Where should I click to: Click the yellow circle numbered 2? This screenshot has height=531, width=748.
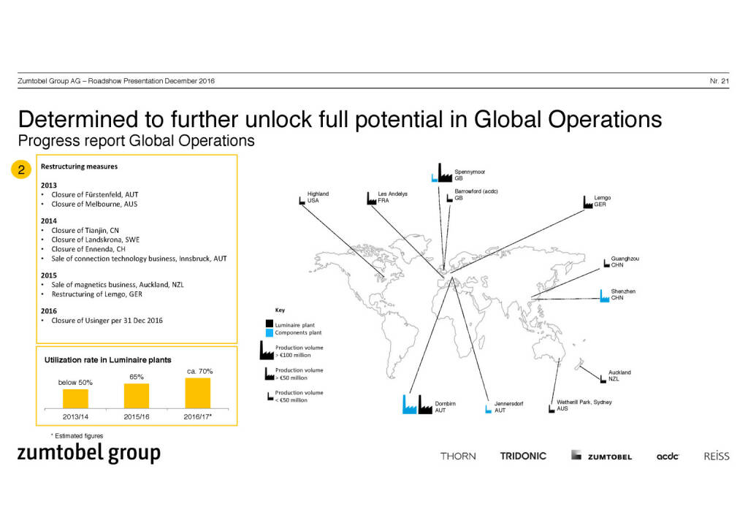pyautogui.click(x=21, y=169)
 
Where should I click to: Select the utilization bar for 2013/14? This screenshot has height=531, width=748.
pyautogui.click(x=75, y=399)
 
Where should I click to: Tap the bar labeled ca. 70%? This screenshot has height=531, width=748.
pyautogui.click(x=197, y=393)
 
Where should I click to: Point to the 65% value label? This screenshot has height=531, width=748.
pyautogui.click(x=137, y=377)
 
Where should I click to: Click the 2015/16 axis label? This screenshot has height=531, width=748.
pyautogui.click(x=137, y=417)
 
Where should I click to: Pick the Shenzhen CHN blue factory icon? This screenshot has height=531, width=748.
pyautogui.click(x=604, y=296)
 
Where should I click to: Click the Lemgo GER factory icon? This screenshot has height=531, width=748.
pyautogui.click(x=588, y=202)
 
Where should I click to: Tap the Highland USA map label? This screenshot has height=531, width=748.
pyautogui.click(x=318, y=197)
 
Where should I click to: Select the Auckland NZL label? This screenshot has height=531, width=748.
pyautogui.click(x=619, y=375)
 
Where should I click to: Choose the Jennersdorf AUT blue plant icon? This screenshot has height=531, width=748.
pyautogui.click(x=488, y=409)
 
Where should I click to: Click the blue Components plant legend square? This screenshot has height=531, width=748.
pyautogui.click(x=270, y=332)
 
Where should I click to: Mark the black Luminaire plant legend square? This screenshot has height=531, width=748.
pyautogui.click(x=270, y=324)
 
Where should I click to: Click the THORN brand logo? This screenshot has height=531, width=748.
pyautogui.click(x=458, y=456)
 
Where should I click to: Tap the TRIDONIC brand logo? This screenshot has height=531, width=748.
pyautogui.click(x=523, y=456)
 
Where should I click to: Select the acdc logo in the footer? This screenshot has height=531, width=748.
pyautogui.click(x=668, y=456)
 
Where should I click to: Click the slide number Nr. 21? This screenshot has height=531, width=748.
pyautogui.click(x=720, y=81)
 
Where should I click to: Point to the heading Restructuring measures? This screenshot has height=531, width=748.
pyautogui.click(x=79, y=167)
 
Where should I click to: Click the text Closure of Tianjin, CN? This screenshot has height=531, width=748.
pyautogui.click(x=85, y=230)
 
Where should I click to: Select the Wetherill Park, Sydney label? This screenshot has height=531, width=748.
pyautogui.click(x=584, y=402)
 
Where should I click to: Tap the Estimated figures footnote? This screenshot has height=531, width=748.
pyautogui.click(x=77, y=436)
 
